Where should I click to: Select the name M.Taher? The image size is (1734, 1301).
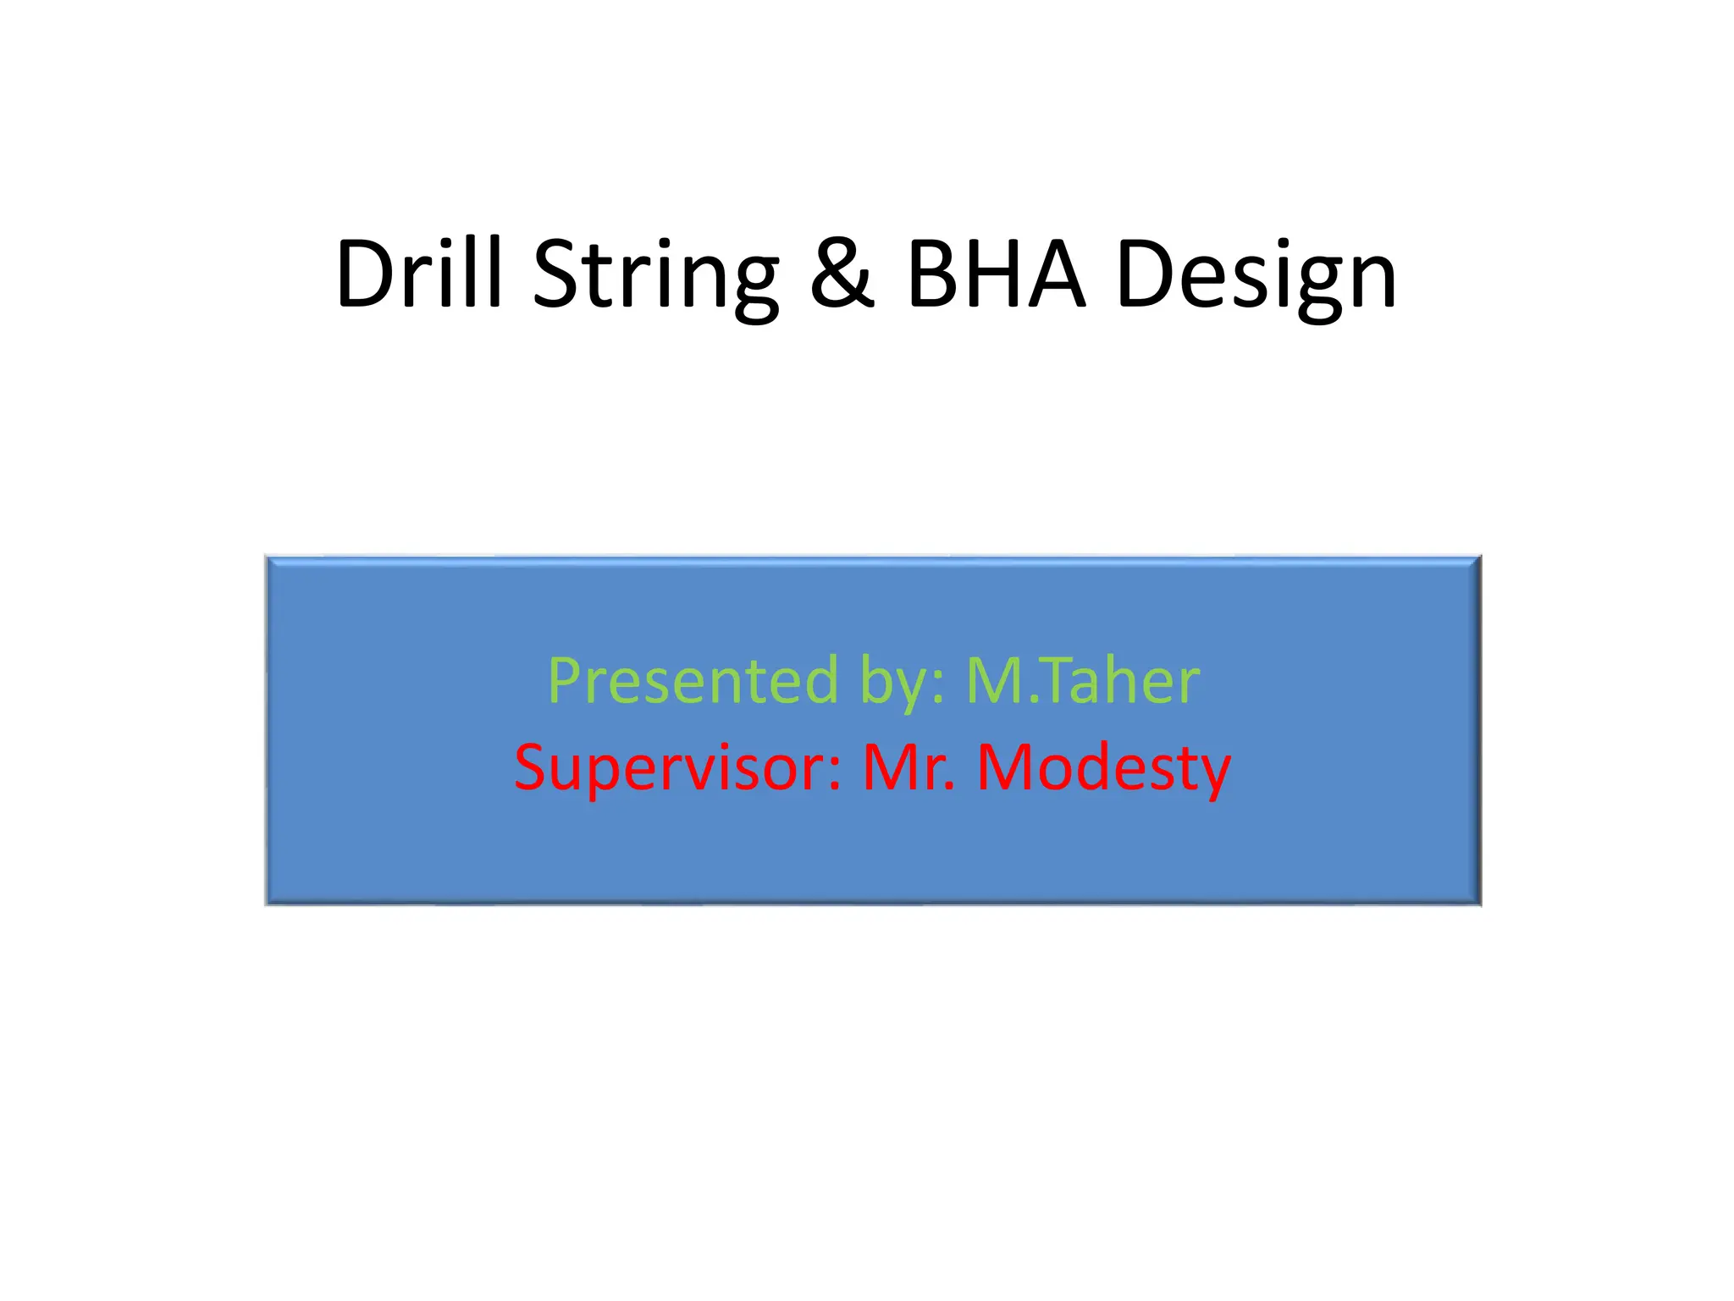tap(1083, 681)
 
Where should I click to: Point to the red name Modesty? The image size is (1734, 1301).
tap(1103, 767)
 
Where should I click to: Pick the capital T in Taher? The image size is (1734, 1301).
tap(1041, 680)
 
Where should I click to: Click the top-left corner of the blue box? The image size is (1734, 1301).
tap(267, 557)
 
